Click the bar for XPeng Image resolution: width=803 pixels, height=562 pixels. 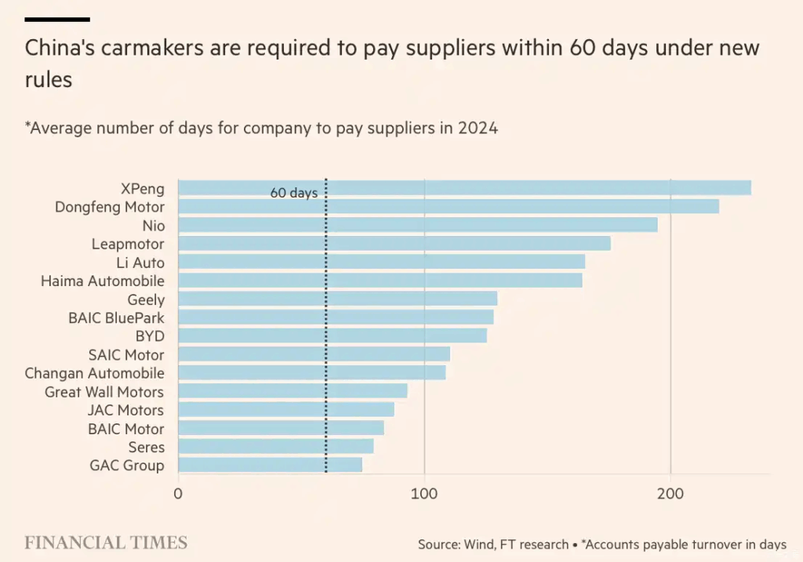click(x=464, y=188)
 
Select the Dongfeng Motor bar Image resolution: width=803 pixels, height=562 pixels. click(x=449, y=207)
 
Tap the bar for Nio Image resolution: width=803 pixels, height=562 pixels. click(x=418, y=225)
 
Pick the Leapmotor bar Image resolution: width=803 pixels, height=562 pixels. click(x=394, y=244)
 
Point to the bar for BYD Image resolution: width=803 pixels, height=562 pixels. click(x=332, y=335)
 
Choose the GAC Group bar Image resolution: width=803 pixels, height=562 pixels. click(x=271, y=466)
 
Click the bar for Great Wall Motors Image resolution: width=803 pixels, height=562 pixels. click(x=292, y=391)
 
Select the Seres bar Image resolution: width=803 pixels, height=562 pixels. click(x=276, y=447)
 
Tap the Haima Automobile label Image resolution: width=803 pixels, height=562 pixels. click(x=103, y=281)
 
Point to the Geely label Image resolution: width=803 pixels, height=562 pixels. click(x=146, y=299)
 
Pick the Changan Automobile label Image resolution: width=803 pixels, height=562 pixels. click(x=95, y=373)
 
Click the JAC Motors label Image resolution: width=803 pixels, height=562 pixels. click(x=125, y=410)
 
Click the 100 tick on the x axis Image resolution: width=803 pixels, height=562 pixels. click(x=424, y=494)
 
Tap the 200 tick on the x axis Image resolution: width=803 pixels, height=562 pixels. click(x=670, y=494)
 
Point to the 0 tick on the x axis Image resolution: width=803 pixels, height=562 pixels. click(x=179, y=494)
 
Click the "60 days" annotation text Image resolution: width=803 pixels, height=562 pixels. click(x=294, y=193)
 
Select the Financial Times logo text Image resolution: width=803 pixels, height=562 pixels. click(x=106, y=542)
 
